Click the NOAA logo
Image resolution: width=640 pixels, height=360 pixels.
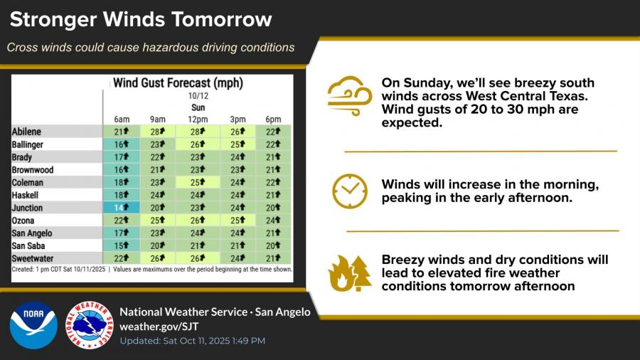[x=33, y=325]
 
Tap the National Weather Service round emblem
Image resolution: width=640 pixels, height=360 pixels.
[x=90, y=325]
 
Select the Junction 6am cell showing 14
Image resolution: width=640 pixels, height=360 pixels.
[x=121, y=207]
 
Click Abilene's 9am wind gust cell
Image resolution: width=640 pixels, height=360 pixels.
[x=158, y=132]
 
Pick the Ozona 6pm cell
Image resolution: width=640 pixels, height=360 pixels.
[x=273, y=221]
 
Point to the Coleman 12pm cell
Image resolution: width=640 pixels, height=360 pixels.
[x=198, y=182]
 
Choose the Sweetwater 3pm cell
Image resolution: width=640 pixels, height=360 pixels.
[x=238, y=258]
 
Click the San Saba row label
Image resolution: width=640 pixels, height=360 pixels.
[x=28, y=245]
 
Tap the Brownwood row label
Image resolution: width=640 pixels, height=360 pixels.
[x=33, y=170]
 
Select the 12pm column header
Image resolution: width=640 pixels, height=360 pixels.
[x=198, y=120]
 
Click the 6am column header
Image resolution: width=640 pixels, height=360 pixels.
[x=122, y=120]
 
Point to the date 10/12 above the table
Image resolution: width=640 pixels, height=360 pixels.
[x=198, y=96]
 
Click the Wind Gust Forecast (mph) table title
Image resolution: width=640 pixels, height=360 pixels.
[x=178, y=83]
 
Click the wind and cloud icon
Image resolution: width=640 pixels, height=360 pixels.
[x=350, y=96]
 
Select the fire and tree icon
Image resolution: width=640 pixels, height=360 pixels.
[x=350, y=273]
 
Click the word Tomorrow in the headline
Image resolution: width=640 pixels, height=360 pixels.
[x=222, y=19]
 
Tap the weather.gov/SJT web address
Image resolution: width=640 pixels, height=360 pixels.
[x=159, y=327]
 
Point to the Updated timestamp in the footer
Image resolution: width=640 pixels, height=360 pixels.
[x=193, y=341]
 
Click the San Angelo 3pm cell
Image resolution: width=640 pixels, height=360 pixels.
[x=238, y=233]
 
